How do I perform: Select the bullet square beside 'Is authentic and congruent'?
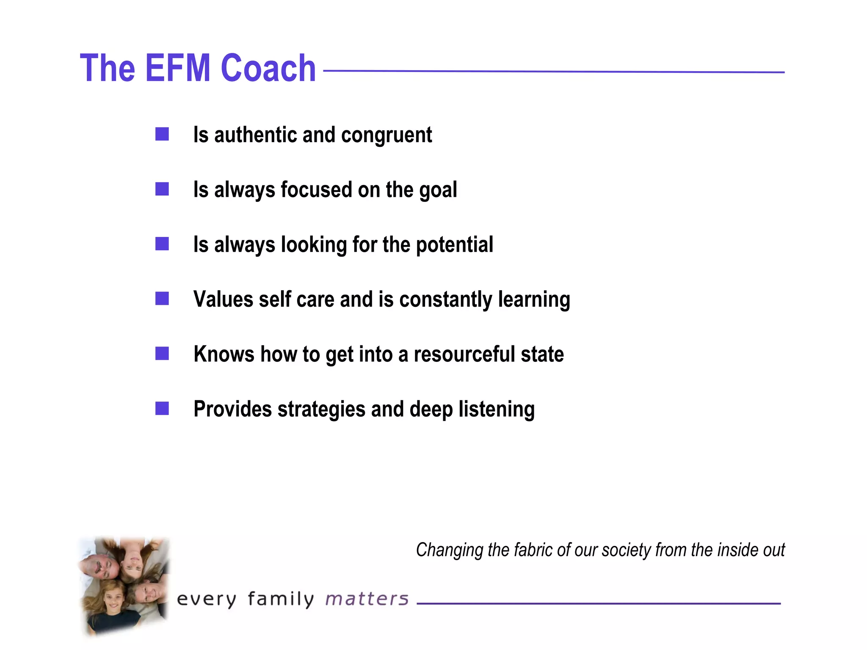coord(162,134)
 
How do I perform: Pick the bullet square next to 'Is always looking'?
coord(162,244)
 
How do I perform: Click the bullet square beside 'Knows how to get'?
coord(162,353)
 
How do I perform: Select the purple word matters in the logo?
coord(367,599)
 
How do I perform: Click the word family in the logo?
coord(281,599)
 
